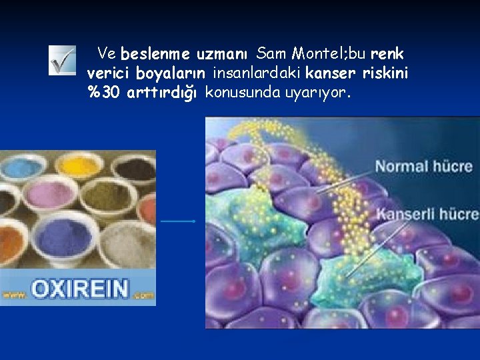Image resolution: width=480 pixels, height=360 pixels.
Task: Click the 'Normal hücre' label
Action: click(x=423, y=166)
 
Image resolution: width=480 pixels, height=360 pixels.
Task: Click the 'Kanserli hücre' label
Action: click(x=427, y=214)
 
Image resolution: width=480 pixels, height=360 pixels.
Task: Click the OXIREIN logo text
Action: click(x=79, y=288)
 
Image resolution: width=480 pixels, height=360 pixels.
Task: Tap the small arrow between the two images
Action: click(x=178, y=221)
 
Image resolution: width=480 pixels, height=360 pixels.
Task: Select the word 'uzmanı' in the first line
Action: click(x=222, y=53)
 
